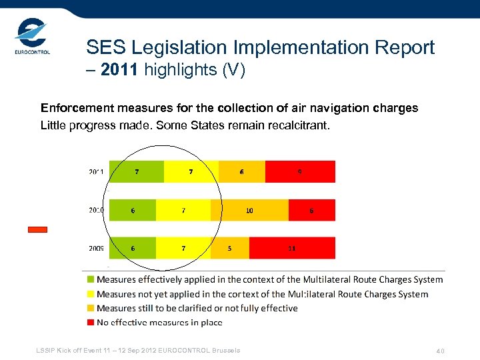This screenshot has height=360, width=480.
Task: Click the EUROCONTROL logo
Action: pos(32,39)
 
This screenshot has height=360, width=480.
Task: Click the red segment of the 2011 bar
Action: pos(300,171)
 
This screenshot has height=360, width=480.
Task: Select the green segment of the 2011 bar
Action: pos(137,171)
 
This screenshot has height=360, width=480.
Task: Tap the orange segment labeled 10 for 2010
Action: pos(249,210)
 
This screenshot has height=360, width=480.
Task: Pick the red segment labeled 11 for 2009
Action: pos(292,248)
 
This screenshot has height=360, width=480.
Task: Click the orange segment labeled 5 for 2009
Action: pos(230,248)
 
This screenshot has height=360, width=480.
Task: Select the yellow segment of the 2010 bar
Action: pos(183,210)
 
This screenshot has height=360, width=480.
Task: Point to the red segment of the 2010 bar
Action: pos(311,210)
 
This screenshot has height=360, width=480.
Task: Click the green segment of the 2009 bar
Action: pos(133,248)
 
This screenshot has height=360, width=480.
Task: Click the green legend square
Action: pos(90,280)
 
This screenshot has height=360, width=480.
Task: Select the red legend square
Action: pos(90,323)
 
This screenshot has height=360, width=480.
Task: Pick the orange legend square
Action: pos(90,309)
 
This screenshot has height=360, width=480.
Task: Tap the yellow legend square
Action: pos(90,294)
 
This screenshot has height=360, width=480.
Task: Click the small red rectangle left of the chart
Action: pos(37,229)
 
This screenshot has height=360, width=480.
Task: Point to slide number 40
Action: pos(440,351)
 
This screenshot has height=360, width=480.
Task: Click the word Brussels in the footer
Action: pos(225,351)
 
